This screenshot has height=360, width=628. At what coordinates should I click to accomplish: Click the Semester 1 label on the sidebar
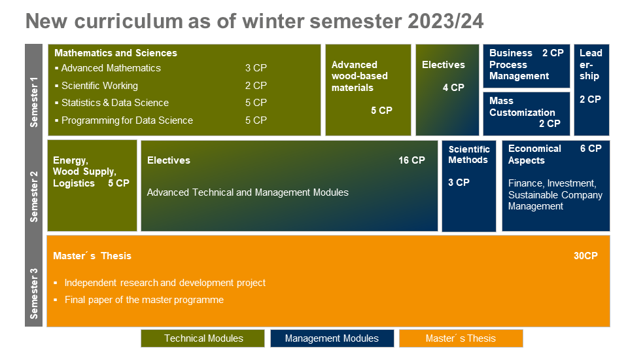(x=34, y=102)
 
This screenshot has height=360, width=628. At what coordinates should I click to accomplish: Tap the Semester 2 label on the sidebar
(x=34, y=196)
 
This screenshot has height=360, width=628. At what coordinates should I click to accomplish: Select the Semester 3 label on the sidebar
(x=34, y=293)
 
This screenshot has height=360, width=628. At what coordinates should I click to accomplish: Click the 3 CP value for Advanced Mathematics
(x=256, y=68)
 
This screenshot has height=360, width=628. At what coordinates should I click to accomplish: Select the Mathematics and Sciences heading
(x=116, y=53)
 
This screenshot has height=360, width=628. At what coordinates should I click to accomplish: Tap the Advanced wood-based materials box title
(x=359, y=76)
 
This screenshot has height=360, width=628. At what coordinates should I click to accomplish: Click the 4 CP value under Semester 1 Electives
(x=453, y=88)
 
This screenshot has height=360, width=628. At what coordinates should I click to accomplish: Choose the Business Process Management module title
(x=519, y=65)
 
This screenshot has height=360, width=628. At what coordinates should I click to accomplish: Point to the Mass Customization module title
(x=522, y=107)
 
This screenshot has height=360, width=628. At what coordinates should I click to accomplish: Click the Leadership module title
(x=591, y=65)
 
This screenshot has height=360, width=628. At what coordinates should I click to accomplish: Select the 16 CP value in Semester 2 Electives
(x=411, y=160)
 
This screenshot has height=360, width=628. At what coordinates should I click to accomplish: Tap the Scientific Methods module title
(x=469, y=154)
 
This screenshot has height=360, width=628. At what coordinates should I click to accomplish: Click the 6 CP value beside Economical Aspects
(x=591, y=149)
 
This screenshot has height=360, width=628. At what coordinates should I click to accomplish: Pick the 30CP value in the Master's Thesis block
(x=585, y=256)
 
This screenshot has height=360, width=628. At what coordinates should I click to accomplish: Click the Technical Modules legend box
(x=203, y=338)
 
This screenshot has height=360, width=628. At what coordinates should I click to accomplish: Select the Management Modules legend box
(x=332, y=338)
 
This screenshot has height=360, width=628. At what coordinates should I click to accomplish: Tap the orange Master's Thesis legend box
(x=461, y=338)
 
